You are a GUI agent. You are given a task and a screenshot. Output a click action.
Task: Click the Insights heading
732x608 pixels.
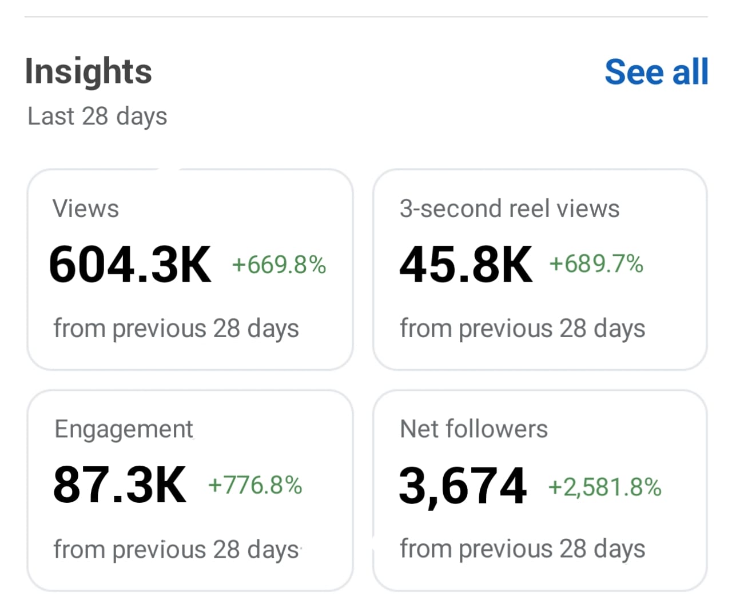(x=89, y=71)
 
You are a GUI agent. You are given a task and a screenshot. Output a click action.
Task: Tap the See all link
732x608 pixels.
(x=656, y=72)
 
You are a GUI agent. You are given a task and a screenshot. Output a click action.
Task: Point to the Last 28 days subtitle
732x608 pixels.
(x=97, y=116)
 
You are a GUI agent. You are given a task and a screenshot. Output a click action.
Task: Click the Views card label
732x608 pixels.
(x=86, y=209)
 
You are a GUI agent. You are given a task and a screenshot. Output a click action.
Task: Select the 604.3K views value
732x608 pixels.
(x=130, y=265)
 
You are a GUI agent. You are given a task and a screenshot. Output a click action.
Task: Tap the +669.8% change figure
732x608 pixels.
(x=279, y=265)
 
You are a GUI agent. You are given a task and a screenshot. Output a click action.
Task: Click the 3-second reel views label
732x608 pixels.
(x=509, y=209)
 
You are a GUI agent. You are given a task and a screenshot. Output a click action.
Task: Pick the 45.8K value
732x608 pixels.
(x=466, y=265)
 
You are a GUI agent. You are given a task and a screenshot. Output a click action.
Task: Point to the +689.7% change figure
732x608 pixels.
(x=596, y=264)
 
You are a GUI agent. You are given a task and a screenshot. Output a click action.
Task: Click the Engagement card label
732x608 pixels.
(x=124, y=429)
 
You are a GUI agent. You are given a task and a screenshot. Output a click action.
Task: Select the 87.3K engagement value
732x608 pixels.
(x=120, y=485)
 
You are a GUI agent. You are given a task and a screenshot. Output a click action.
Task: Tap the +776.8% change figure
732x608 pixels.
(x=255, y=485)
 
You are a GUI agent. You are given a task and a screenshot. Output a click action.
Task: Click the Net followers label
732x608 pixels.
(x=474, y=429)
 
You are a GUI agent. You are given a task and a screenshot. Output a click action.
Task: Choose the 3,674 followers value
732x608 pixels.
(x=463, y=486)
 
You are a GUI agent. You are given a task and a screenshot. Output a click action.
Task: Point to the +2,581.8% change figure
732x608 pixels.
(x=604, y=487)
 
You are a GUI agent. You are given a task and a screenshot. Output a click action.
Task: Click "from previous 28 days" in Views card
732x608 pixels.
(x=176, y=329)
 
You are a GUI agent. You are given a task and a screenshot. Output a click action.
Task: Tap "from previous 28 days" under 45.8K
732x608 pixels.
(x=522, y=329)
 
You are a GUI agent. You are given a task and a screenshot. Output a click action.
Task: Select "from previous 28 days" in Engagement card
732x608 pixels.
(x=176, y=550)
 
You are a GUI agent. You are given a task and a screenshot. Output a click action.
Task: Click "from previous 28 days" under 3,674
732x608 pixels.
(x=522, y=549)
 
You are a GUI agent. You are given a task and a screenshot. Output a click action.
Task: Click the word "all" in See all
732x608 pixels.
(x=690, y=72)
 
